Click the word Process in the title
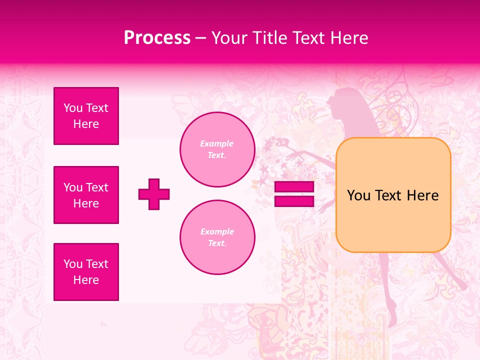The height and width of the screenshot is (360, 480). click(157, 38)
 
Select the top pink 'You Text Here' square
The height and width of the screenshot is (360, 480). click(86, 116)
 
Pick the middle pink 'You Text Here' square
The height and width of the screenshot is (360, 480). click(86, 195)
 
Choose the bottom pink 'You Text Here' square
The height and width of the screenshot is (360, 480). click(86, 272)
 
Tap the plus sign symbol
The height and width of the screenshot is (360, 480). click(154, 194)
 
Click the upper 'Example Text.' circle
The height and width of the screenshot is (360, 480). click(217, 149)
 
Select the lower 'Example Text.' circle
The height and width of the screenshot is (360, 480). click(217, 237)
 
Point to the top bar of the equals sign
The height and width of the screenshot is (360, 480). click(294, 187)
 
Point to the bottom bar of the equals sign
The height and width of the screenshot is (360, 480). click(294, 201)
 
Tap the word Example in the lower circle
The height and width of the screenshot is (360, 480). click(217, 231)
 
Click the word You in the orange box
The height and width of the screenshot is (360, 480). click(358, 195)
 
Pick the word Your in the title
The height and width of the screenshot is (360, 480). click(228, 38)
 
